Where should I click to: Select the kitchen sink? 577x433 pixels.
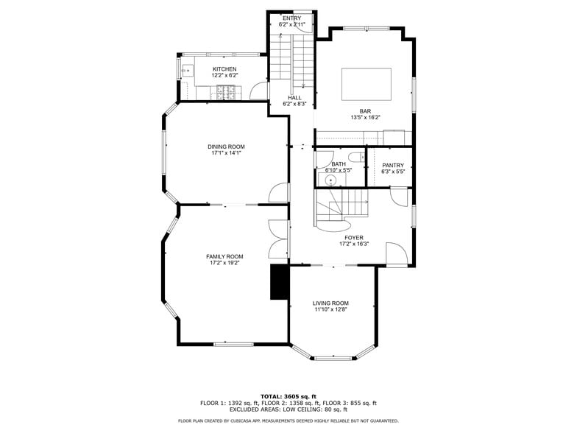coord(186,72)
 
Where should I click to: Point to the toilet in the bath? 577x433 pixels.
coord(355,157)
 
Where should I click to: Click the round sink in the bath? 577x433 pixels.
coord(330,179)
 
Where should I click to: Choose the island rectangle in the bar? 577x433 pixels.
coord(366,84)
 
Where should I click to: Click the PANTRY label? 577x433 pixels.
coord(393,165)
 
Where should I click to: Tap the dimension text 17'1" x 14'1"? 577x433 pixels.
coord(225,153)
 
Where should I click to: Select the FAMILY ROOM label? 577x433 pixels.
coord(224,256)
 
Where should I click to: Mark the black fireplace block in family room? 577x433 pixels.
coord(280,282)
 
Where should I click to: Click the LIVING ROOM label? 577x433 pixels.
coord(330,303)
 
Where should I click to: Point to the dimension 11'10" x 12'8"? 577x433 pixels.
coord(330,310)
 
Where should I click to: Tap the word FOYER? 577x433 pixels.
coord(354,238)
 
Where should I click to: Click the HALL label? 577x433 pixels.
coord(294,98)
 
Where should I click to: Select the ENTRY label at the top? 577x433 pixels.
coord(291,18)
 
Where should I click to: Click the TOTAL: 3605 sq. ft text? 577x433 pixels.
coord(288,396)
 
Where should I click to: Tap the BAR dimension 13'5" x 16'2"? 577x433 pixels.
coord(365,118)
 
